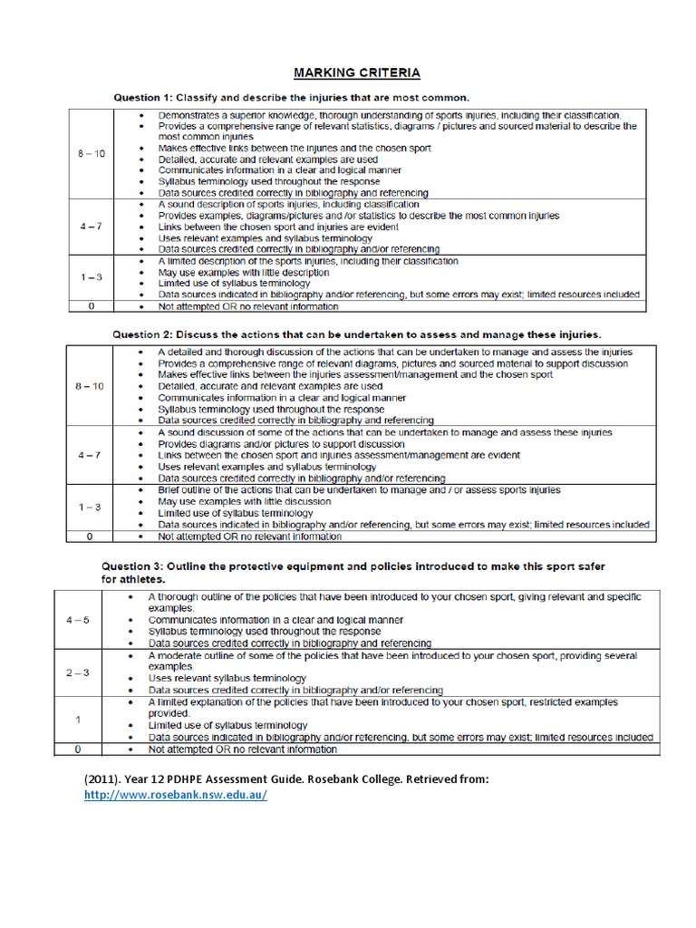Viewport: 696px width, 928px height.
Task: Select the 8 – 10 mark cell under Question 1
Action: [90, 154]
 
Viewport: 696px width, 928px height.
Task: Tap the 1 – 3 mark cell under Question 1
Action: [90, 278]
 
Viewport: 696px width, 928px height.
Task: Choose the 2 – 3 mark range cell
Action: [78, 672]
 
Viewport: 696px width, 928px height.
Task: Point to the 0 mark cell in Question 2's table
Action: [90, 536]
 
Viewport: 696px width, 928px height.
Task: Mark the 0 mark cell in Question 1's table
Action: [90, 306]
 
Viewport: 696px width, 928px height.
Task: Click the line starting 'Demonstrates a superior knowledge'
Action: [390, 116]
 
